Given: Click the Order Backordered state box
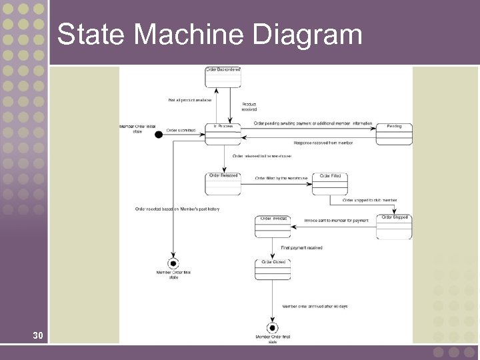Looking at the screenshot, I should [223, 77].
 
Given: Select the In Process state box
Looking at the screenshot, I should [223, 133].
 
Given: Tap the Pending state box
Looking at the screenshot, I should [394, 133].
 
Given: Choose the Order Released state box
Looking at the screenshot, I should [223, 184].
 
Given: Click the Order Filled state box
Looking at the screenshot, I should [330, 184].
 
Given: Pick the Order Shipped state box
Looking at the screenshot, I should [394, 227].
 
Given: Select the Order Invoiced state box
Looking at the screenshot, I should [273, 227].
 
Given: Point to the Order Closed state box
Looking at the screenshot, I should [273, 269].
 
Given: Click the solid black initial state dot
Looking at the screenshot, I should [159, 135].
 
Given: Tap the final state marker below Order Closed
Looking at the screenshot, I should [272, 328].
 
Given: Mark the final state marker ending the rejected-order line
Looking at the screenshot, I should [173, 263].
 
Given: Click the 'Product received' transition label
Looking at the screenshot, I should [249, 107].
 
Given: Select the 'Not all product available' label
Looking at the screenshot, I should [189, 100].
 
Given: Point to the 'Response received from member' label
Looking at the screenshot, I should [323, 143].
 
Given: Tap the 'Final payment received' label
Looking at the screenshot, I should [301, 247].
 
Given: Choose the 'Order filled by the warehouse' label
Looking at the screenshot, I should [281, 178].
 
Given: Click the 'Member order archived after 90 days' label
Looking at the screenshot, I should [315, 306].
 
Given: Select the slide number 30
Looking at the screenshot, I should [39, 335].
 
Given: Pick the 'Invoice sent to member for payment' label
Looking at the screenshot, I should [336, 220].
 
